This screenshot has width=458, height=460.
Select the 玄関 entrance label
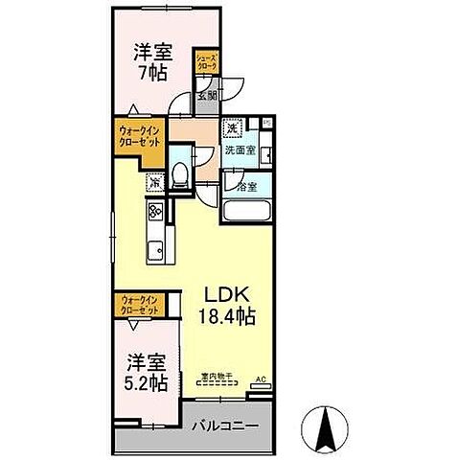(x=207, y=94)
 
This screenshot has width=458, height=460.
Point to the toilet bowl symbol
(x=179, y=174)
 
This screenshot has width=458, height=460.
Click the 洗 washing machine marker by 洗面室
(x=233, y=128)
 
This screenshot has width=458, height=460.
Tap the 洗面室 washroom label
(x=240, y=150)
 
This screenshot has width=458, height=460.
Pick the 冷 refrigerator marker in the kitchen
(x=153, y=179)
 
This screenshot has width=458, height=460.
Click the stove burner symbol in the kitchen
(x=155, y=212)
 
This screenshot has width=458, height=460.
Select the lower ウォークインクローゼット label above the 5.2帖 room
(x=140, y=306)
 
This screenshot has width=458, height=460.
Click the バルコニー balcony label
(x=222, y=424)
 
